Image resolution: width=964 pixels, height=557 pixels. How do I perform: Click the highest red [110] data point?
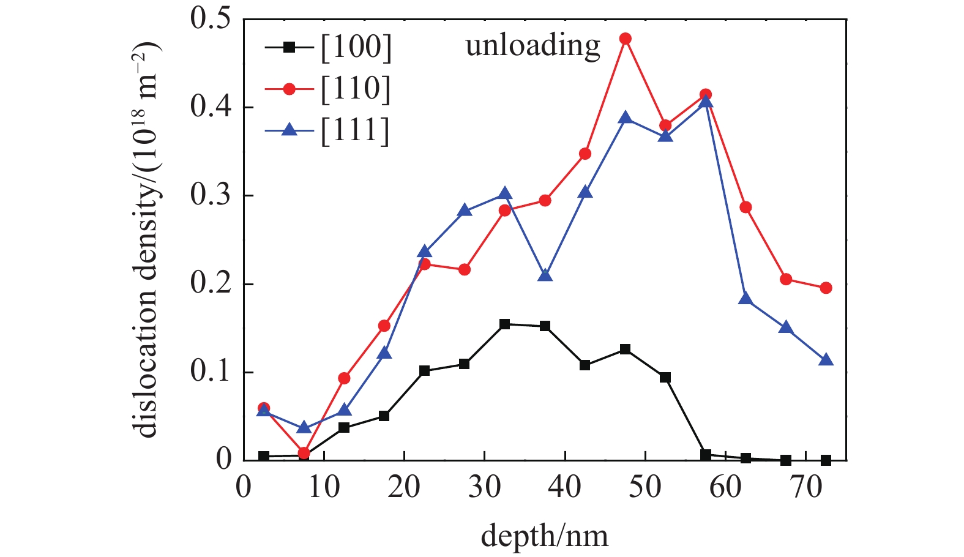coord(626,39)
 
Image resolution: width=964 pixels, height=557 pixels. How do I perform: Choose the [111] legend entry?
coord(327,130)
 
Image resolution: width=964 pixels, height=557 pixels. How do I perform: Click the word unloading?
coord(532,46)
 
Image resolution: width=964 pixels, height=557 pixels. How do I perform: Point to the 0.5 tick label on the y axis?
coord(211,19)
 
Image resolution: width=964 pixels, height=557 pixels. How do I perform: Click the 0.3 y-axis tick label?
coord(211,195)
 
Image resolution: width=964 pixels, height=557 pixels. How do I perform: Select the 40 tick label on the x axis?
coord(565,488)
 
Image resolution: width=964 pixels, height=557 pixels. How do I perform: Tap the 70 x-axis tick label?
coord(806,488)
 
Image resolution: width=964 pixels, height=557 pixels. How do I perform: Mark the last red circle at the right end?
coord(826,288)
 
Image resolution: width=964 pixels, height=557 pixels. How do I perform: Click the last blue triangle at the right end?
coord(826,360)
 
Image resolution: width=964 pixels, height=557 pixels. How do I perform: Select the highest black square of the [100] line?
coord(505,324)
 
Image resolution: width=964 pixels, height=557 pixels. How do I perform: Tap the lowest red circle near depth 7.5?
coord(304,454)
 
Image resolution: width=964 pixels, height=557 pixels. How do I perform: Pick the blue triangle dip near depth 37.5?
coord(545,274)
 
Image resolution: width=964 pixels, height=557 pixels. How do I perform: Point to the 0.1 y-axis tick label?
coord(211,372)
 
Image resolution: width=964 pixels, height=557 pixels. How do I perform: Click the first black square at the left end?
coord(264,456)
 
